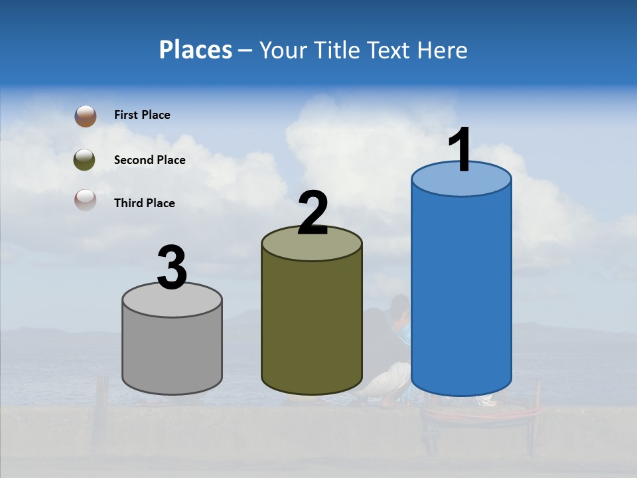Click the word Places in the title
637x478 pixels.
195,50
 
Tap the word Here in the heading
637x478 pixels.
443,50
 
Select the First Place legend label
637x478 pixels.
142,115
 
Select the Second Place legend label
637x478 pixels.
149,160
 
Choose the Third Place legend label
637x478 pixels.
144,203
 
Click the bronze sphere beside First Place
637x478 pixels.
86,116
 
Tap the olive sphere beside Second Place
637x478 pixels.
84,160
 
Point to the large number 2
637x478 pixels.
313,213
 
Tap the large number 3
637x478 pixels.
172,268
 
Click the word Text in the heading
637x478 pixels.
392,50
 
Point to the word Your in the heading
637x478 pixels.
281,50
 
